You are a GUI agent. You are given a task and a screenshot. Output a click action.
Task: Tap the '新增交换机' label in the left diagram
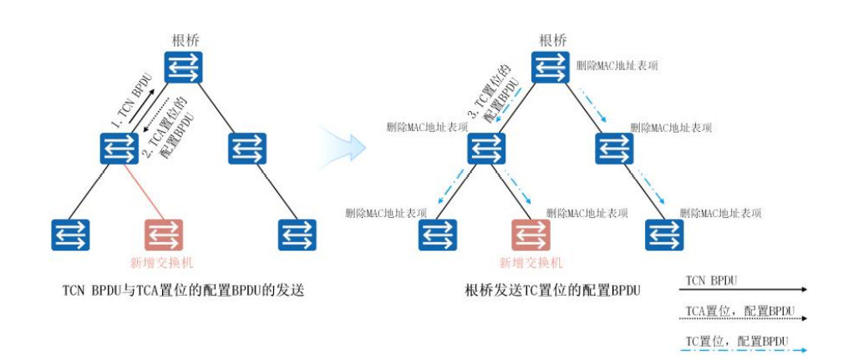point(164,261)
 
